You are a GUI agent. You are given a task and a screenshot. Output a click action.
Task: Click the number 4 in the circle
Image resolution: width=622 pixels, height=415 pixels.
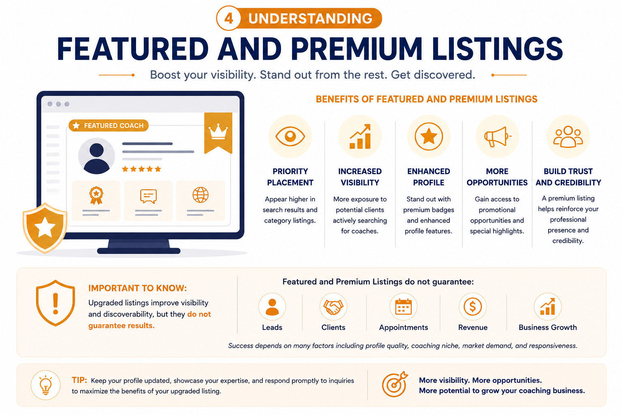point(228,19)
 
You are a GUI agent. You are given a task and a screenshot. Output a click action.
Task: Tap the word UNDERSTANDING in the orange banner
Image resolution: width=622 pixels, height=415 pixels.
point(310,19)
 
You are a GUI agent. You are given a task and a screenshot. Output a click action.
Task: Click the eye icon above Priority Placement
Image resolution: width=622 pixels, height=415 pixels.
point(290,136)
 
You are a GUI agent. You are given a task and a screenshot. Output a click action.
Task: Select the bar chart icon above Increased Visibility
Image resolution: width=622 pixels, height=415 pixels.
point(360,137)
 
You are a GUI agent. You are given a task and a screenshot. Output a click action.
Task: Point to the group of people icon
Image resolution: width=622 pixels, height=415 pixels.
point(568,137)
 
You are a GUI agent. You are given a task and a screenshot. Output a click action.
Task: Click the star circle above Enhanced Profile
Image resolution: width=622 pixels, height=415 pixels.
point(429,137)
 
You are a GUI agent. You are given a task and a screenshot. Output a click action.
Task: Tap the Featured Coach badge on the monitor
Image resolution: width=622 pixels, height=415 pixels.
point(109,126)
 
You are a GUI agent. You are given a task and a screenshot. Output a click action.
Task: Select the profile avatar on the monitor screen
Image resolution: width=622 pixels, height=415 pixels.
point(96,156)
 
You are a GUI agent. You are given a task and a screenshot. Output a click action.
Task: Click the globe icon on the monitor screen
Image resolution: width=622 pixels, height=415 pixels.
point(200,195)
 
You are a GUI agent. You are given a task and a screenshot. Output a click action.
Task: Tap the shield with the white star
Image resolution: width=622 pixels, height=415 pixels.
point(45,228)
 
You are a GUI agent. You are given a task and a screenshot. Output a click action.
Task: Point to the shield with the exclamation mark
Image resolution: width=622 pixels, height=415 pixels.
point(55,303)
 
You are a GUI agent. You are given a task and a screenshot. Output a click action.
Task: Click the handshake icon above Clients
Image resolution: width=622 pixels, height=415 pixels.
point(333,307)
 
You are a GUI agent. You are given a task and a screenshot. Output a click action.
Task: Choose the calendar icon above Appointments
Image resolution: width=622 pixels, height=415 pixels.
point(403,307)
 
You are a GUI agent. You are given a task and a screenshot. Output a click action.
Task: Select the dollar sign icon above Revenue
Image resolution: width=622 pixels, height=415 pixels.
point(473,307)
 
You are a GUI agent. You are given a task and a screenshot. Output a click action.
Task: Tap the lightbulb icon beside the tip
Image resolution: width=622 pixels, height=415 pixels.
point(45,385)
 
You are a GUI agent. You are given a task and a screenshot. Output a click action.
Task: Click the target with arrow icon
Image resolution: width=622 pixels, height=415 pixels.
point(394,384)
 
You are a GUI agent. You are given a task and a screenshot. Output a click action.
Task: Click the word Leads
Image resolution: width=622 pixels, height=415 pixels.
point(272,327)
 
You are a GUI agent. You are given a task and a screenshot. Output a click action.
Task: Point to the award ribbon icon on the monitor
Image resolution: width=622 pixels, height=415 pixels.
point(96,195)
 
